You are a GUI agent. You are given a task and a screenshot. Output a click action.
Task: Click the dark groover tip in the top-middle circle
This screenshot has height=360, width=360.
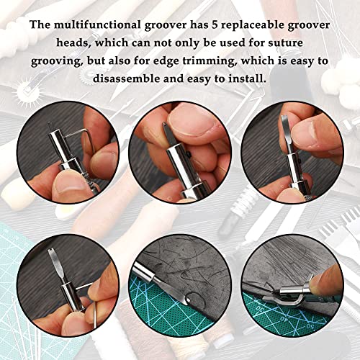170,134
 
